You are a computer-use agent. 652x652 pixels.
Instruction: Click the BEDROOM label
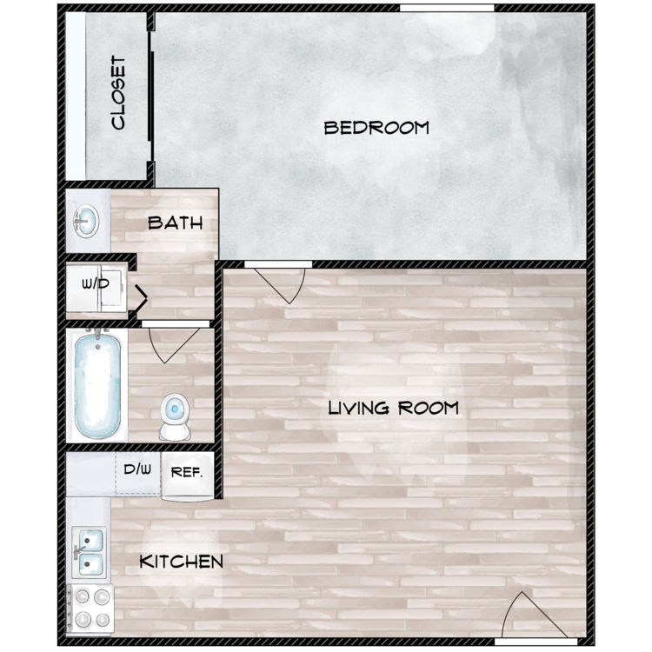(x=376, y=128)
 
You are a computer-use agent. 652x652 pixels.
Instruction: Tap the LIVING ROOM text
(x=393, y=408)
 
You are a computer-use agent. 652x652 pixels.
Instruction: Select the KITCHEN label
(x=182, y=562)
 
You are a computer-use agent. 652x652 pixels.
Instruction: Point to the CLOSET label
(x=118, y=93)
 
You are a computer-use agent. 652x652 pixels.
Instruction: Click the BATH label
(x=175, y=223)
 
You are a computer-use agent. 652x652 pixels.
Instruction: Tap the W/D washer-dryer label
(x=96, y=283)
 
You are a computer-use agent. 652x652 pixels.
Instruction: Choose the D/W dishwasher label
(x=137, y=469)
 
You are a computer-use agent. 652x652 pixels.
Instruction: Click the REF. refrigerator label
(x=187, y=472)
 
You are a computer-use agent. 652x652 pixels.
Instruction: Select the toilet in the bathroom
(x=175, y=416)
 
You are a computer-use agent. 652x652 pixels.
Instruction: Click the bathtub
(x=97, y=383)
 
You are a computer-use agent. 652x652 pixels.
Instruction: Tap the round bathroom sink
(x=86, y=221)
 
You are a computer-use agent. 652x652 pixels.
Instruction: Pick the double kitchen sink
(x=89, y=553)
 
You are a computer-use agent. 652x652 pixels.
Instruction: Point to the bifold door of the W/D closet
(x=139, y=297)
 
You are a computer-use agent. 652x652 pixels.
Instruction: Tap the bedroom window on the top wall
(x=447, y=8)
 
